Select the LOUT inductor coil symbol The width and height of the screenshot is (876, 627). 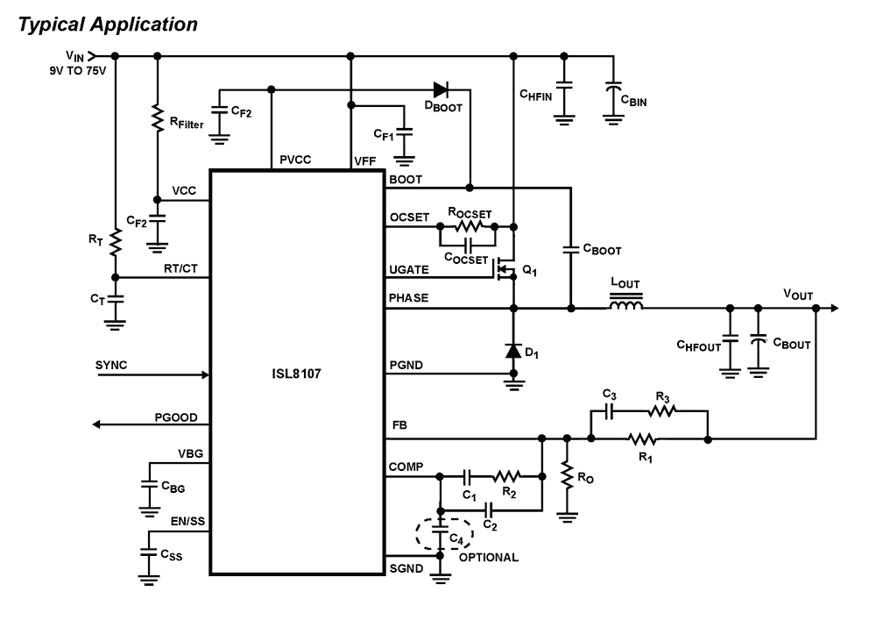pyautogui.click(x=625, y=305)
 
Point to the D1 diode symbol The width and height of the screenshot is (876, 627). pyautogui.click(x=512, y=351)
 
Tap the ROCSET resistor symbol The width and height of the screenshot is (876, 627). pyautogui.click(x=466, y=226)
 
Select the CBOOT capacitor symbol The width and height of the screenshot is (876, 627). pyautogui.click(x=569, y=250)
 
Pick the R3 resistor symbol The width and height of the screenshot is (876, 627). pyautogui.click(x=663, y=411)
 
